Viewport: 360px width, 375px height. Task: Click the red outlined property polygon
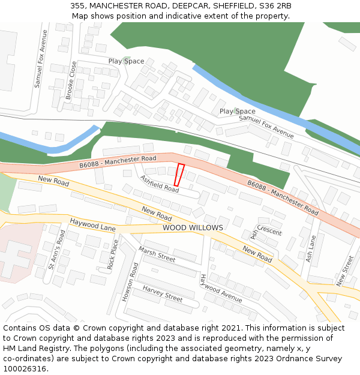coord(179,175)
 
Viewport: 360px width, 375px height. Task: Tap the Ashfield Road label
coord(160,184)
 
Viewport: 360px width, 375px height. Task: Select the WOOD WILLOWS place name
coord(193,228)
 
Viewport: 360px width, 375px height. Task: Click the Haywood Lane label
coord(92,225)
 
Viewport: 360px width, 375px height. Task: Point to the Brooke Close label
coord(72,80)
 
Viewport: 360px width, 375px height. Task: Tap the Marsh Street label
coord(157,254)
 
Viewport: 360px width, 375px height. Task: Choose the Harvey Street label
coord(162,293)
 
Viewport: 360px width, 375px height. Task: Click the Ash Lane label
coord(310,248)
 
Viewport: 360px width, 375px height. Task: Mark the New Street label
coord(345,271)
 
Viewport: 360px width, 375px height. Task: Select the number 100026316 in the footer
coord(26,368)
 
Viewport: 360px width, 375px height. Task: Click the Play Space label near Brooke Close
coord(126,61)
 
